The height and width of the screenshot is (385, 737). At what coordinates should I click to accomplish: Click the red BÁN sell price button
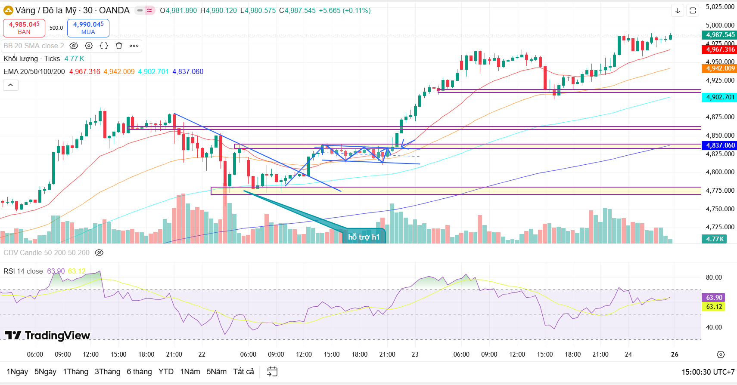pyautogui.click(x=24, y=28)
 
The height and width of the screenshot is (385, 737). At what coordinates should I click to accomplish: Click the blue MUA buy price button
pyautogui.click(x=88, y=28)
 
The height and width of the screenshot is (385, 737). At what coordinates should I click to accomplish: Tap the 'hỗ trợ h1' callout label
pyautogui.click(x=364, y=237)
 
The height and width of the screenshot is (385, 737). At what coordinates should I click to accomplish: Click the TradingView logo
pyautogui.click(x=47, y=336)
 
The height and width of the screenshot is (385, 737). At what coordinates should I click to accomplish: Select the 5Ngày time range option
pyautogui.click(x=45, y=372)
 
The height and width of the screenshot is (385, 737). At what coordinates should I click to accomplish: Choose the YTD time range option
pyautogui.click(x=166, y=372)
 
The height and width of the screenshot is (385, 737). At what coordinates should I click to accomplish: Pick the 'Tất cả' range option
pyautogui.click(x=243, y=372)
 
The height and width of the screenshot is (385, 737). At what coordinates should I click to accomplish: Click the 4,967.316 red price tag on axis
pyautogui.click(x=720, y=49)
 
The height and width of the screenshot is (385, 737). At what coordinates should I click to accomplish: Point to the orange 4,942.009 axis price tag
pyautogui.click(x=720, y=68)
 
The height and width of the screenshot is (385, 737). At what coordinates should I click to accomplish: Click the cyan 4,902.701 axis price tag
pyautogui.click(x=720, y=97)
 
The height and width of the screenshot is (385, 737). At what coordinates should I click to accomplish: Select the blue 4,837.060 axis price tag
pyautogui.click(x=720, y=145)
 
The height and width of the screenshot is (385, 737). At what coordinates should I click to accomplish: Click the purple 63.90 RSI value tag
pyautogui.click(x=714, y=298)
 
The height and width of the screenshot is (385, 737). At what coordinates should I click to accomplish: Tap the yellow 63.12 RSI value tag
pyautogui.click(x=714, y=307)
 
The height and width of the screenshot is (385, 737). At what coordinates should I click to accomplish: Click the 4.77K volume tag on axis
pyautogui.click(x=715, y=239)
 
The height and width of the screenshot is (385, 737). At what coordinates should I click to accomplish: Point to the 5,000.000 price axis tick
pyautogui.click(x=720, y=25)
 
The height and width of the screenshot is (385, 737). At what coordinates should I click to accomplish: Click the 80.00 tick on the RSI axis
pyautogui.click(x=714, y=277)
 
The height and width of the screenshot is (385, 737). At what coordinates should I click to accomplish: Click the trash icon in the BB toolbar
pyautogui.click(x=119, y=46)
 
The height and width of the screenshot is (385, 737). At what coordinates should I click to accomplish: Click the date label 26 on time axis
pyautogui.click(x=675, y=354)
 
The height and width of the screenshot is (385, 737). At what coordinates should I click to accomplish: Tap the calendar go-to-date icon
pyautogui.click(x=272, y=372)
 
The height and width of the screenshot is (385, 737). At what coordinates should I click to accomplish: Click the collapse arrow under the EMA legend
pyautogui.click(x=10, y=85)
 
